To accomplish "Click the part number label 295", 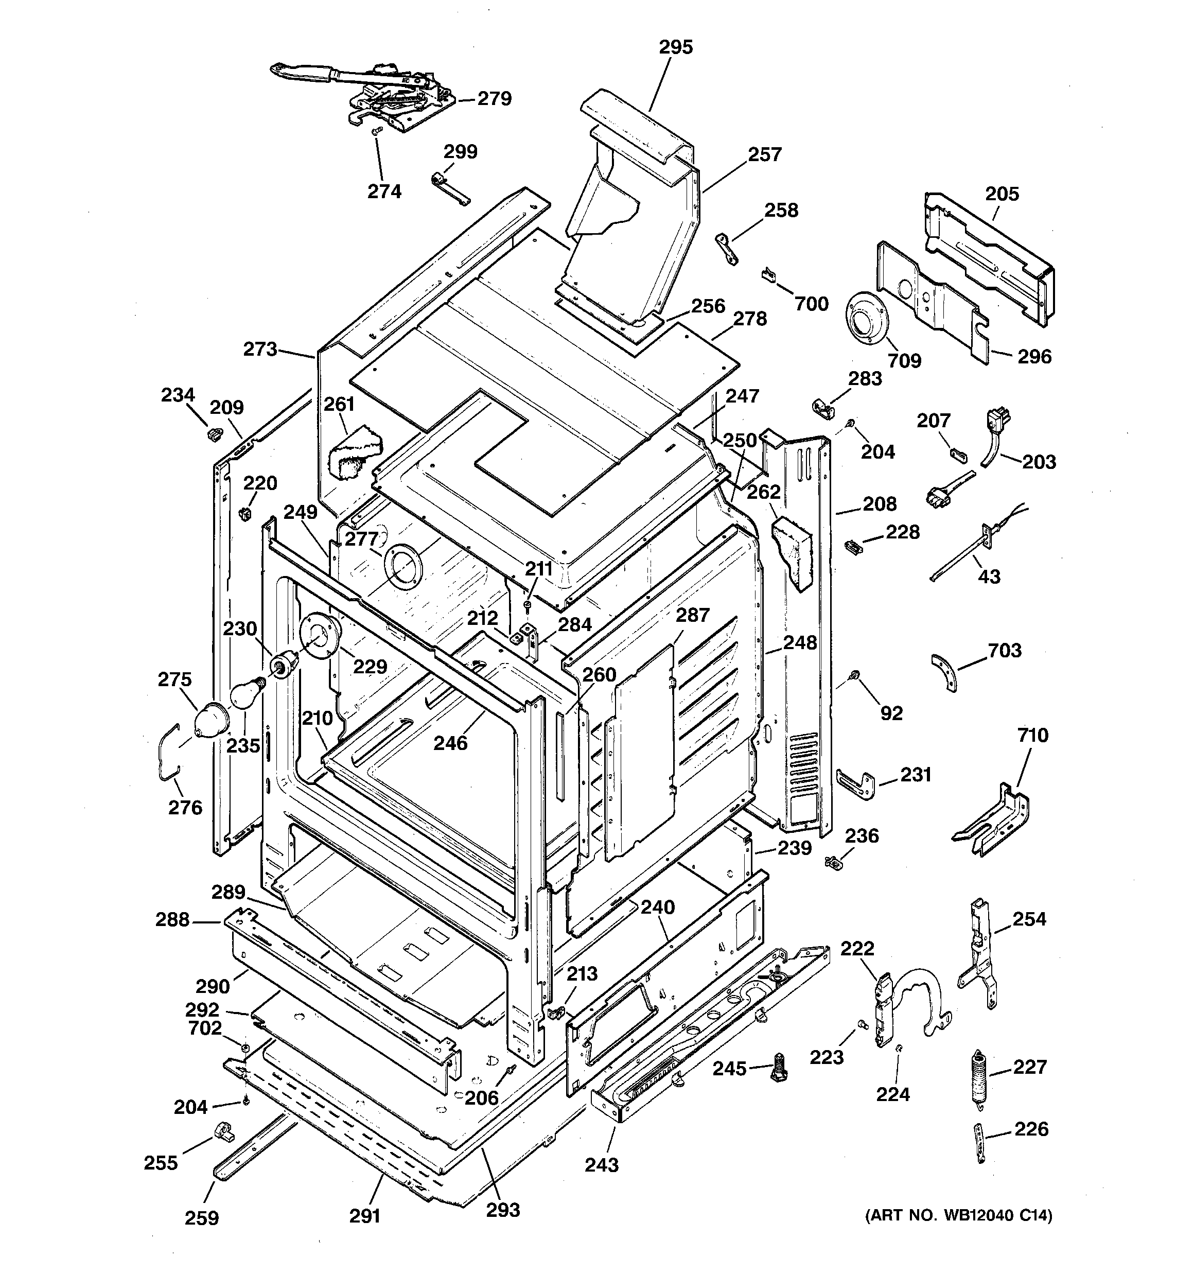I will point(676,47).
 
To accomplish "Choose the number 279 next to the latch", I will point(494,99).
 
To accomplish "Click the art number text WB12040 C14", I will point(959,1215).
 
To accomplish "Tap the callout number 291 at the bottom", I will point(365,1216).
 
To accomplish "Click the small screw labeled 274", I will point(377,131).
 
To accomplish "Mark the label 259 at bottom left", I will point(201,1217).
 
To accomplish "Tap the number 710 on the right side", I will point(1032,735).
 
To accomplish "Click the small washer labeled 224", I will point(899,1049).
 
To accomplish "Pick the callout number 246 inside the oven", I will point(450,743).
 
